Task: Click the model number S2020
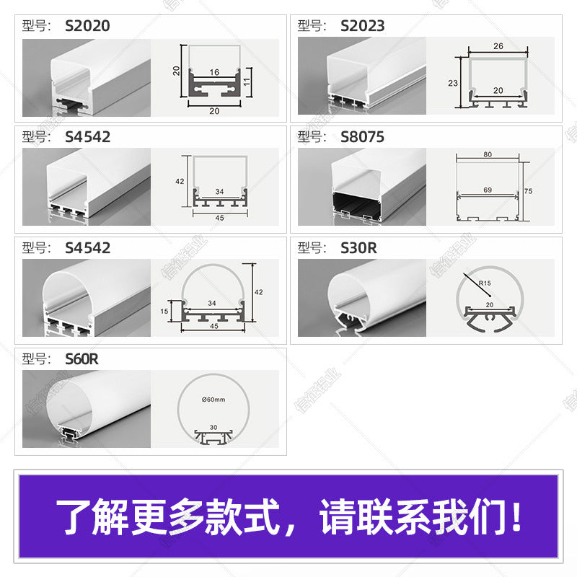[x=87, y=26]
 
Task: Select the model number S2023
[x=362, y=26]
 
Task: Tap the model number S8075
[x=362, y=137]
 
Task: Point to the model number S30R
[x=358, y=248]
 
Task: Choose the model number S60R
[x=81, y=358]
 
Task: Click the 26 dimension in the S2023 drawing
[x=498, y=45]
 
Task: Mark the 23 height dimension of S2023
[x=453, y=83]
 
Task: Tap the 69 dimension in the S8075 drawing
[x=488, y=189]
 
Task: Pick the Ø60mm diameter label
[x=214, y=399]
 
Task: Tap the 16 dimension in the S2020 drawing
[x=214, y=73]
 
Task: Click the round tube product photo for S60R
[x=87, y=409]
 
